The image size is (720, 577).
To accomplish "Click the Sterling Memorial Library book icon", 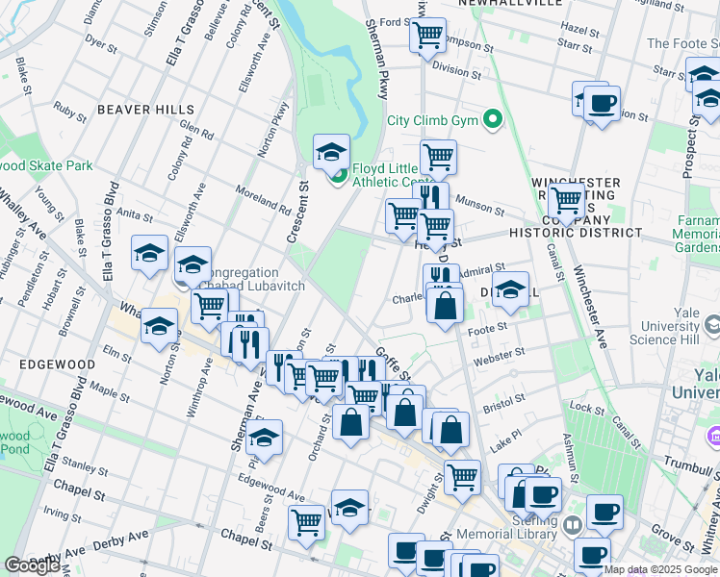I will [x=574, y=525].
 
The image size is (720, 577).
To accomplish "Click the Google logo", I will [x=32, y=565].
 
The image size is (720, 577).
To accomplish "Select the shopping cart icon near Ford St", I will [x=427, y=37].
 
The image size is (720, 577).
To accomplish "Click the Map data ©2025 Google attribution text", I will [x=660, y=569].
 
